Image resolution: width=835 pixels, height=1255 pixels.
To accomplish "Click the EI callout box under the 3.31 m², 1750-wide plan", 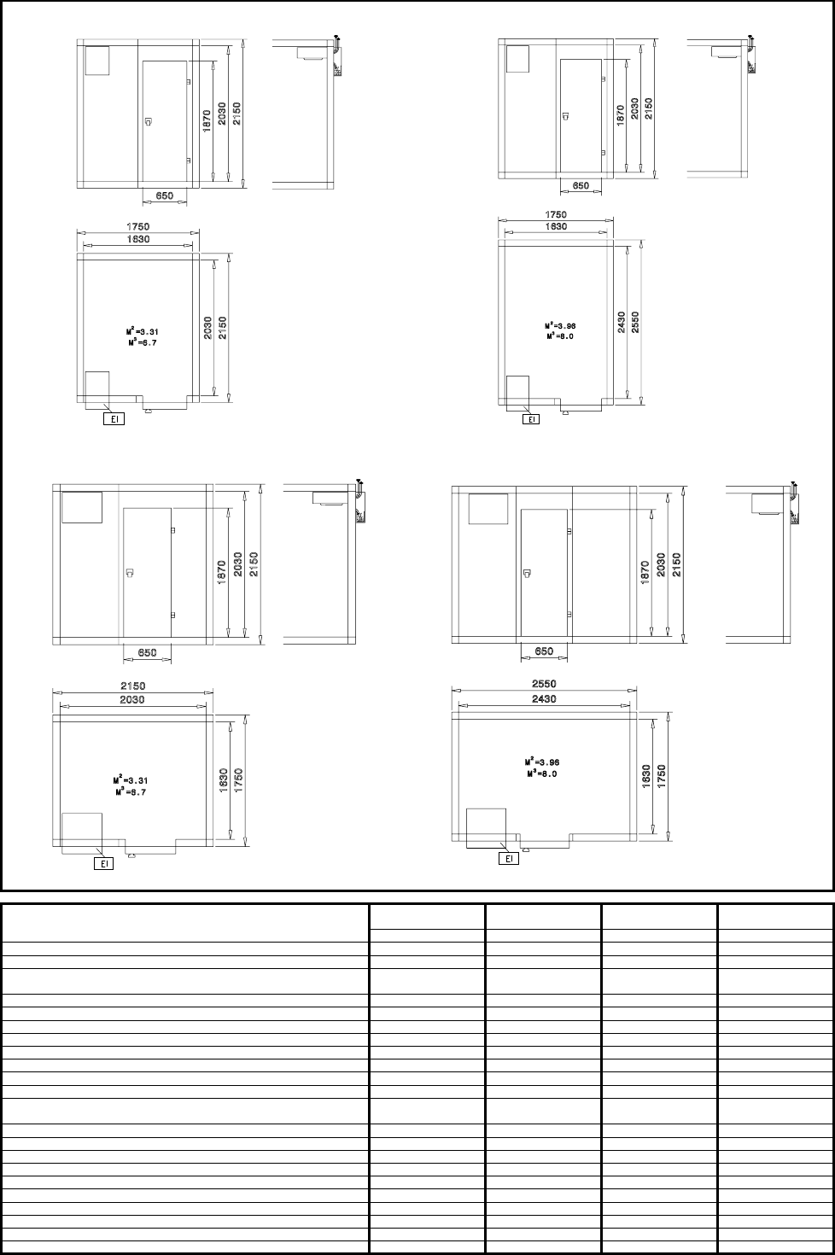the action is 114,418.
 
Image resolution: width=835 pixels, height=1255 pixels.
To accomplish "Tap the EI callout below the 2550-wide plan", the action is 509,858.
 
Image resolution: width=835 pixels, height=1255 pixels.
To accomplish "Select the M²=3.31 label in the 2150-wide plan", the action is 131,780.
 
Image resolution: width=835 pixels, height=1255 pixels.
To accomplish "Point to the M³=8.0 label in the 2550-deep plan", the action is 560,336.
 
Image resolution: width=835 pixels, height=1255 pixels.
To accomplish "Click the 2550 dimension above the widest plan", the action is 544,684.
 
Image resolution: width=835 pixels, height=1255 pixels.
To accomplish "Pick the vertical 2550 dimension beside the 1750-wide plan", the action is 635,322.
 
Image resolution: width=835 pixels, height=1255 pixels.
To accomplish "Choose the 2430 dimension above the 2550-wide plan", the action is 544,698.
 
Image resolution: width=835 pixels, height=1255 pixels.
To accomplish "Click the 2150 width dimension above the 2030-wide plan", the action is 133,686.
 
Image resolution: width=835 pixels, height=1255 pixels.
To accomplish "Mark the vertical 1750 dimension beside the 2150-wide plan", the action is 238,780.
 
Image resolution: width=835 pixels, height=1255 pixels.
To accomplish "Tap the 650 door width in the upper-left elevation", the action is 164,196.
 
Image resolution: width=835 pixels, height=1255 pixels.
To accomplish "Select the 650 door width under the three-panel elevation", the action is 544,651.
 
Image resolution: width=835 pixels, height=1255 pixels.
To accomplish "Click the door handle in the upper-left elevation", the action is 149,121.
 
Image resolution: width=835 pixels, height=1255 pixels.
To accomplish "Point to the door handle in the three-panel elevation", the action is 528,573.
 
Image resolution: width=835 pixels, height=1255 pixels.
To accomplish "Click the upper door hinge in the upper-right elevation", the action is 603,79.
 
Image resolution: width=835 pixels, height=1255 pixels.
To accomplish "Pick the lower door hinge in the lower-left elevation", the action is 173,616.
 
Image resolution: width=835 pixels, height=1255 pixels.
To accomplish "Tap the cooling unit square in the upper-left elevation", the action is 97,61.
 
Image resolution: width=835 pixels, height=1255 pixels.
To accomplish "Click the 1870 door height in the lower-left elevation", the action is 221,573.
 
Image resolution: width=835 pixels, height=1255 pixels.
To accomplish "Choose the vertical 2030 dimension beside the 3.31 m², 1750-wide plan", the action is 208,329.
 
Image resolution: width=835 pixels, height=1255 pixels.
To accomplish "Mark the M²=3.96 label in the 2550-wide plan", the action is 542,762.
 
